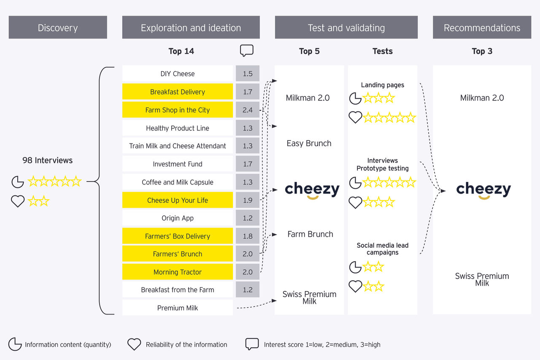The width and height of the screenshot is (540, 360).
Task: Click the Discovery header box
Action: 58,28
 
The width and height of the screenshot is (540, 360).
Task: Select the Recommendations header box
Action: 482,28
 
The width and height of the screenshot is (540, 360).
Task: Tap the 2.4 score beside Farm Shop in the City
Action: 248,110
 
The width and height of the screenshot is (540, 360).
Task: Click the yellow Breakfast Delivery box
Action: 178,92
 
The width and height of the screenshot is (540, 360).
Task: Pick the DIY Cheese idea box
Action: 178,73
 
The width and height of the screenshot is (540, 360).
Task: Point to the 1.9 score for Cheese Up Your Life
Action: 248,200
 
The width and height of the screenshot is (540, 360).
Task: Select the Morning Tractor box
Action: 178,272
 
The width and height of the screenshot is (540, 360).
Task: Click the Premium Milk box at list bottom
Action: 178,308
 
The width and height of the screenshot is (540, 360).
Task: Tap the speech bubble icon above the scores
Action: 247,51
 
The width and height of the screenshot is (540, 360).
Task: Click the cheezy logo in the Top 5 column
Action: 312,190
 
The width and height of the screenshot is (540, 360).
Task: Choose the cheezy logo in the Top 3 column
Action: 483,190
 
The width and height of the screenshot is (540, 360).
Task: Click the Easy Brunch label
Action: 309,143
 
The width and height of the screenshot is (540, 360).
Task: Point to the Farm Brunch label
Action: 310,234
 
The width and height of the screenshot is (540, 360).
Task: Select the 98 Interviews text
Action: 47,160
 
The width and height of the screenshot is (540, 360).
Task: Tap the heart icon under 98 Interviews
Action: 18,201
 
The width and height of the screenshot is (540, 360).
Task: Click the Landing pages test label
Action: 382,85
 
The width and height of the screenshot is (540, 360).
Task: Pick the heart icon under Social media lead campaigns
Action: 355,286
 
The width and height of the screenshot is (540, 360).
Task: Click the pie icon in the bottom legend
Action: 15,344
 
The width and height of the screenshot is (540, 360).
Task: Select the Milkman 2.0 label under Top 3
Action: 482,97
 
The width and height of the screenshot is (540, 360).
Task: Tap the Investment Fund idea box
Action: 178,164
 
